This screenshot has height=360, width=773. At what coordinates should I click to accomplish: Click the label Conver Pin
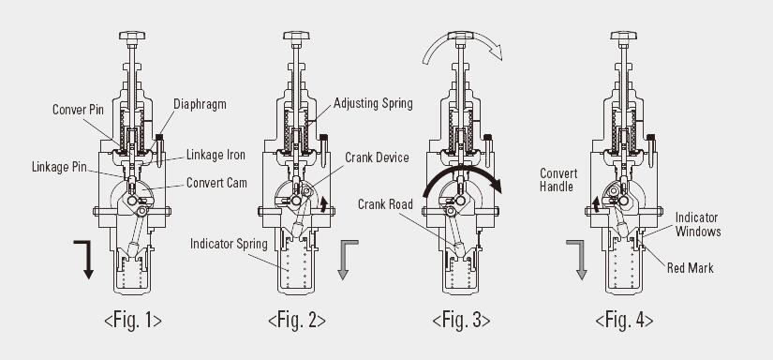(x=78, y=110)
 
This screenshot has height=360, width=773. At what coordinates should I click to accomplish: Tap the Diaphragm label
(x=200, y=105)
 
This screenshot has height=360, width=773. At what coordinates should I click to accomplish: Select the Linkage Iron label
(x=216, y=155)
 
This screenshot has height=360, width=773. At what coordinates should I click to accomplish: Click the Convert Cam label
(x=216, y=183)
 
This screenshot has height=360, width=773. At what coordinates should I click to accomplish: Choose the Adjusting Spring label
(x=373, y=104)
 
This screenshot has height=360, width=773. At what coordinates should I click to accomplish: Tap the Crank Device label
(x=377, y=157)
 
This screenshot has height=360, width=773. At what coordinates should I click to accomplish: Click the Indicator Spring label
(x=229, y=244)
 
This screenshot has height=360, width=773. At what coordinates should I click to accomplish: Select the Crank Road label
(x=385, y=203)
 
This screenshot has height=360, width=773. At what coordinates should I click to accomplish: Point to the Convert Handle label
(x=558, y=180)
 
